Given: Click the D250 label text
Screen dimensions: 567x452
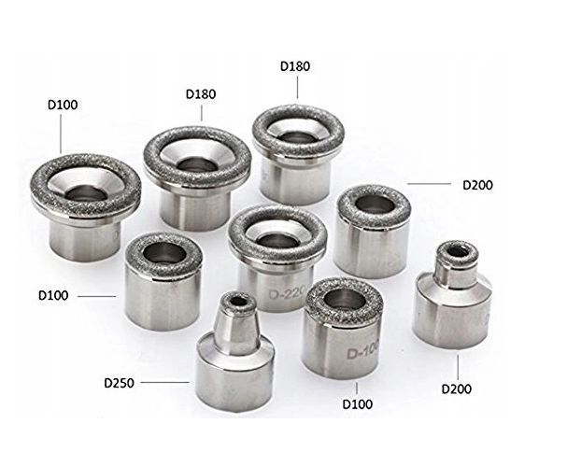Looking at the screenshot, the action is (119, 383).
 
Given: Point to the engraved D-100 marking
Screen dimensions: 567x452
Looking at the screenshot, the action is (362, 352).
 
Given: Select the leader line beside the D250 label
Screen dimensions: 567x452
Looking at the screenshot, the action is (165, 382).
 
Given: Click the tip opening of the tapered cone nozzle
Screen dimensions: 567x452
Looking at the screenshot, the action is (237, 301).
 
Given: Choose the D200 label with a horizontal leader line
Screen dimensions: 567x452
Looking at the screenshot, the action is (477, 185).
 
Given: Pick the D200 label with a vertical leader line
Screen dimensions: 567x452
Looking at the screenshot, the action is (457, 389).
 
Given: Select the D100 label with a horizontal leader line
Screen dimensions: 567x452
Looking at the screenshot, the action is (53, 295).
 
